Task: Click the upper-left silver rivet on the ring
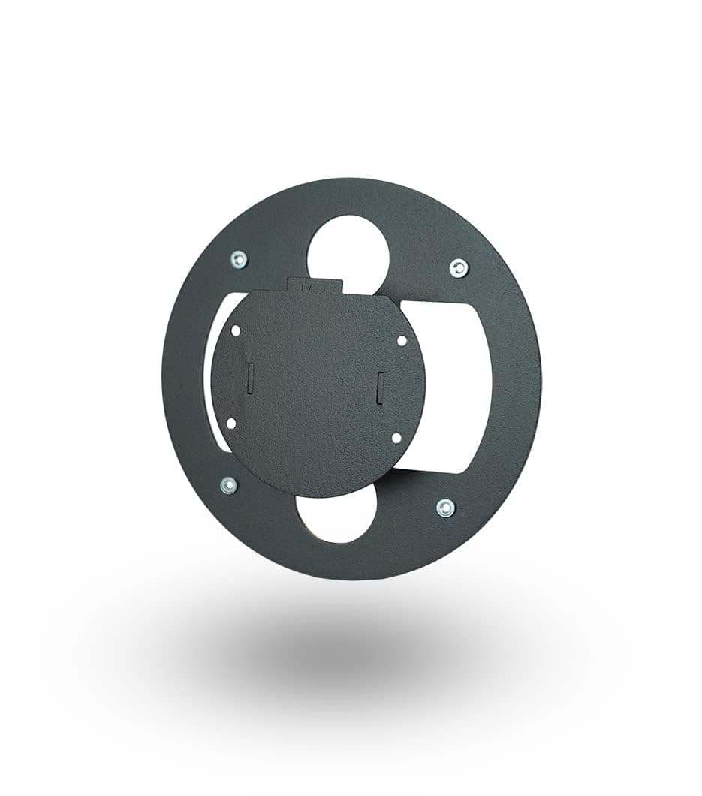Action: (x=239, y=260)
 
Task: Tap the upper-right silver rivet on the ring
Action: (x=458, y=267)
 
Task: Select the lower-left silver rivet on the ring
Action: (x=229, y=485)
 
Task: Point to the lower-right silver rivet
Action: (x=445, y=508)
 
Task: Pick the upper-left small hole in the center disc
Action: (x=236, y=330)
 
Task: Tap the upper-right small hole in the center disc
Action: (x=402, y=340)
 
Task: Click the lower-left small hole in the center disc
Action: (x=230, y=424)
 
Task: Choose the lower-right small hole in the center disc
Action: (x=396, y=437)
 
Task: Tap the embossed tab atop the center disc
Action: (x=315, y=285)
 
